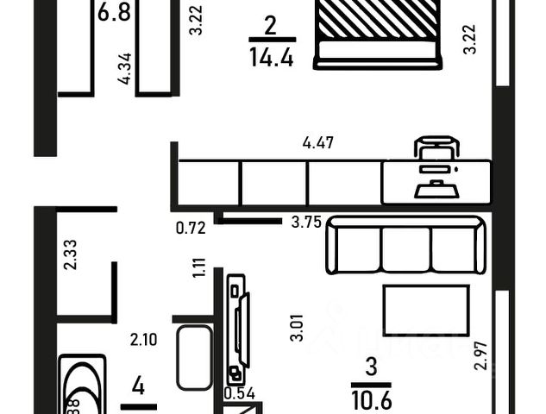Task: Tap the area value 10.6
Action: (x=371, y=399)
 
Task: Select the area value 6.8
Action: (x=115, y=13)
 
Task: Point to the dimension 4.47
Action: (x=318, y=143)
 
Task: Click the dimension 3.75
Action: (x=305, y=222)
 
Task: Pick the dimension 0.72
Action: (x=190, y=229)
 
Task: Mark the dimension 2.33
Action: (x=70, y=254)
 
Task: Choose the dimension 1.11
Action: (x=199, y=268)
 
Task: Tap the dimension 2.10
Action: (x=143, y=340)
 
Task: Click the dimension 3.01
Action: (x=296, y=329)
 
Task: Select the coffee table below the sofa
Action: (x=426, y=310)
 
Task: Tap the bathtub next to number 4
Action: (x=82, y=388)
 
